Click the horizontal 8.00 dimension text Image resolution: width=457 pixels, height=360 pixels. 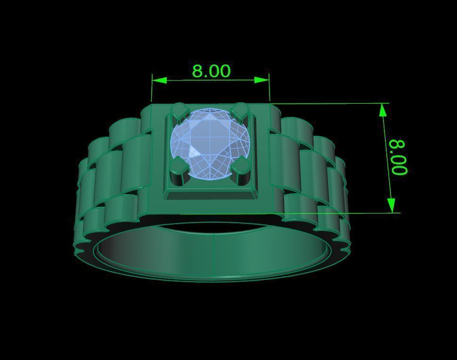211,71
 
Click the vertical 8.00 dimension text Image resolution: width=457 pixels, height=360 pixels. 398,157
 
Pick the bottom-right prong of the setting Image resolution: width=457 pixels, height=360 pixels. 241,167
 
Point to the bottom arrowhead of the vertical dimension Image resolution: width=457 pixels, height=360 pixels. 391,205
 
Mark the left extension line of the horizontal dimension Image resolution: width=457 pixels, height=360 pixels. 152,90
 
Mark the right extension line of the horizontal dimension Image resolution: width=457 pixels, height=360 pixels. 269,90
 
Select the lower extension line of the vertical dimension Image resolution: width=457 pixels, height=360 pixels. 339,213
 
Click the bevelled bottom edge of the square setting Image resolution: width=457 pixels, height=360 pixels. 212,195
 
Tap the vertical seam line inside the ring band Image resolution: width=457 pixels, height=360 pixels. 215,254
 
